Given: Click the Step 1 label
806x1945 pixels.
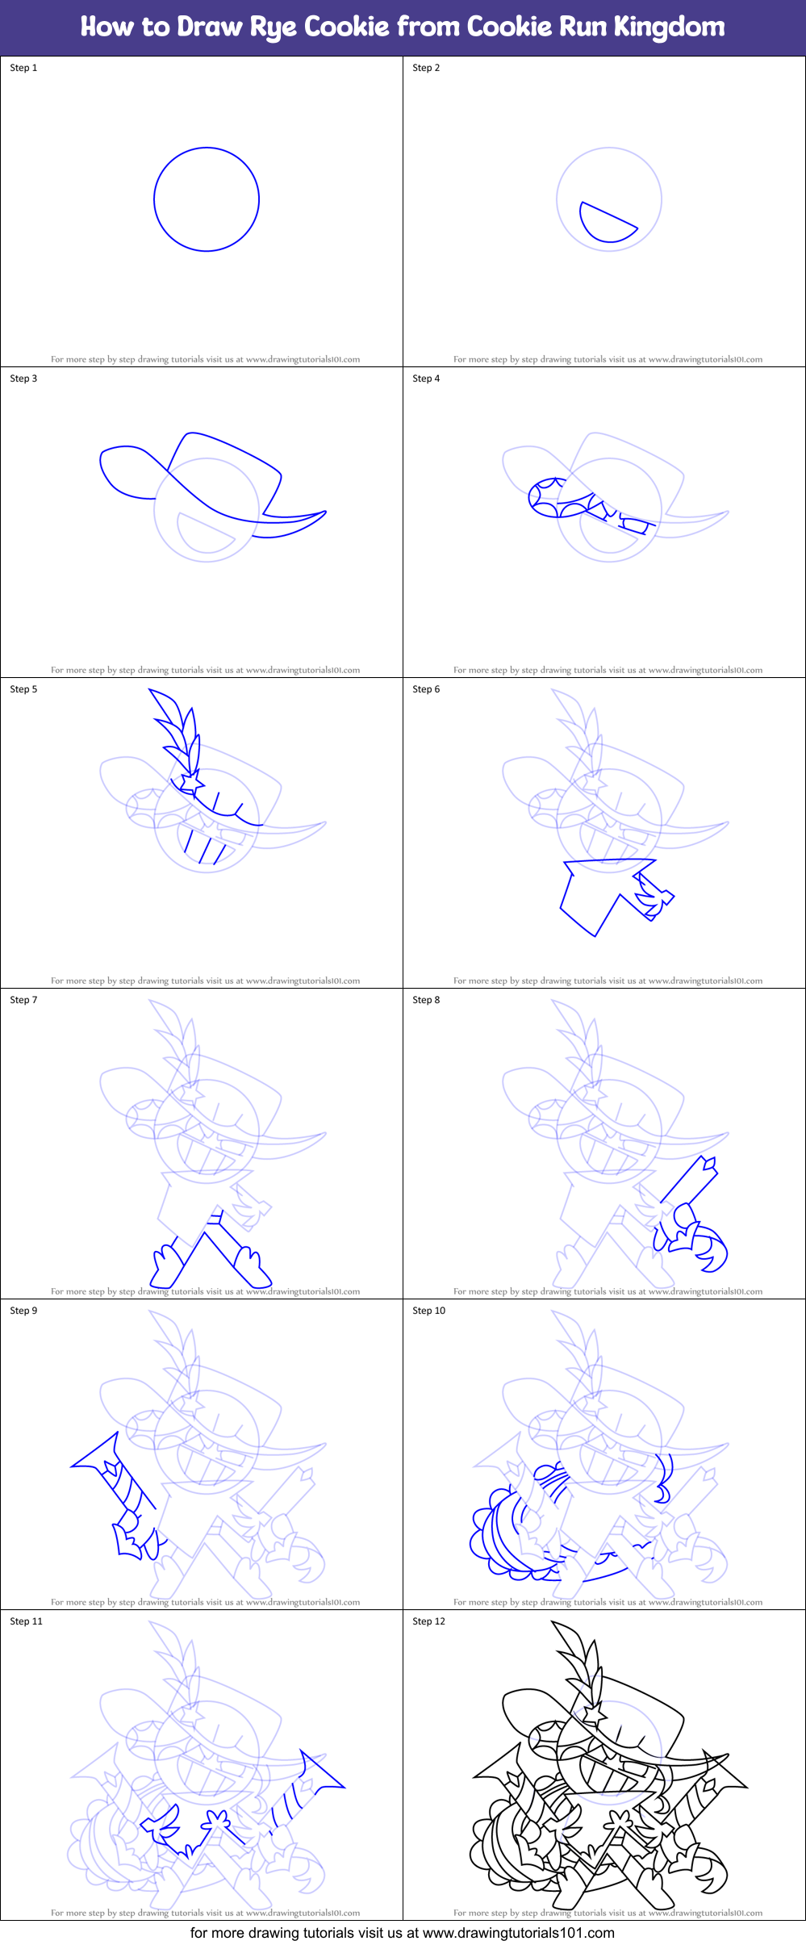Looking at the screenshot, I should pyautogui.click(x=23, y=68).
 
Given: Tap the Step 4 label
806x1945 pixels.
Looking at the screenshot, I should pyautogui.click(x=426, y=379).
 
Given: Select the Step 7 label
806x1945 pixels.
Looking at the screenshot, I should pyautogui.click(x=23, y=1000).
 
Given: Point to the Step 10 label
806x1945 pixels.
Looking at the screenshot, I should pyautogui.click(x=428, y=1311).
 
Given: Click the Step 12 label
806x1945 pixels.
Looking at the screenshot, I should pyautogui.click(x=428, y=1621).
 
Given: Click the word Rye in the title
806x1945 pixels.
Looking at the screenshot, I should pyautogui.click(x=274, y=27).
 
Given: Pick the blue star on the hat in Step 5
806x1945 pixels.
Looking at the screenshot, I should pyautogui.click(x=191, y=782).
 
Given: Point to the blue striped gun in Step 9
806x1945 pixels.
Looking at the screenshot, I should pyautogui.click(x=121, y=1485).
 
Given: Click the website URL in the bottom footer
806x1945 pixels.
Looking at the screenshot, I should pyautogui.click(x=518, y=1933).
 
